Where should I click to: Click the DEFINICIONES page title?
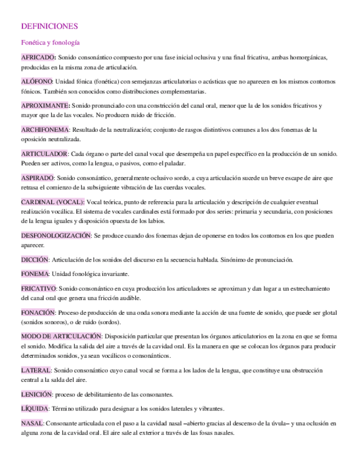(x=49, y=26)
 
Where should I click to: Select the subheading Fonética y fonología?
(x=50, y=42)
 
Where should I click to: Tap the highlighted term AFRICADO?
(x=38, y=58)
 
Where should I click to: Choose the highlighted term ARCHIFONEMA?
(x=45, y=130)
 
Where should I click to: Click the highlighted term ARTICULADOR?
(x=45, y=154)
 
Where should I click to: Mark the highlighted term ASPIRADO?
(x=37, y=178)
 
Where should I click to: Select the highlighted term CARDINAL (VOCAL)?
(x=53, y=202)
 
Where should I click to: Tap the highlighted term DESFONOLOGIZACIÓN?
(x=56, y=235)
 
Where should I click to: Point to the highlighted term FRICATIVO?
(x=38, y=289)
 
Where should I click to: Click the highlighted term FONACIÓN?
(x=37, y=312)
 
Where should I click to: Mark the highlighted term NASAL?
(x=32, y=424)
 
